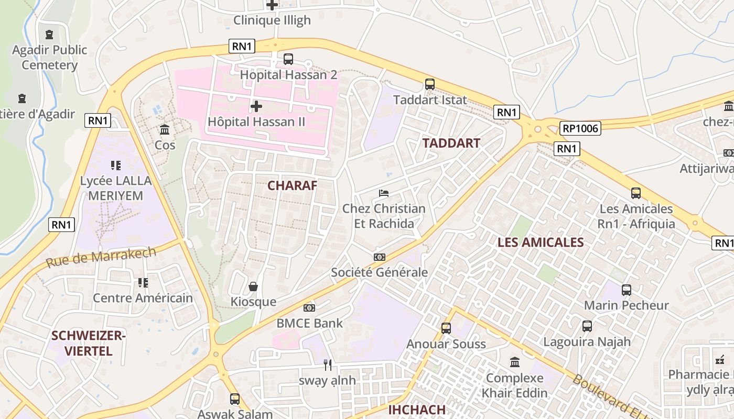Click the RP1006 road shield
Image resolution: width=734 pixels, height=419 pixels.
pos(580,128)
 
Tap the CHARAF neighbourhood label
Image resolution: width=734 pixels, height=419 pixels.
pos(292,185)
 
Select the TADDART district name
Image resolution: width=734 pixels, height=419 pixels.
pos(451,143)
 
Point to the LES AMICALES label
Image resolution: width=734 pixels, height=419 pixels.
pos(540,242)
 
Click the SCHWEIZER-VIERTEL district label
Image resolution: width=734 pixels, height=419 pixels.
pos(89,343)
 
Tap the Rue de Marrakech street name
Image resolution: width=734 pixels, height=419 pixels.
pos(101,257)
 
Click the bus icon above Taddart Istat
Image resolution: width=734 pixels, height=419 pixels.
pos(430,84)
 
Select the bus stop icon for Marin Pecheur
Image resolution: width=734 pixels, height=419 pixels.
pos(627,290)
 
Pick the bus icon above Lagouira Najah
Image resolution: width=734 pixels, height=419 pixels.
pos(587,326)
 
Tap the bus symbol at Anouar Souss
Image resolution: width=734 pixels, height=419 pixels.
pos(446,328)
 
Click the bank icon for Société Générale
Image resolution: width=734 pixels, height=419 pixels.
pos(380,257)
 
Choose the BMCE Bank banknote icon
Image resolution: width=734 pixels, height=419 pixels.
pos(309,308)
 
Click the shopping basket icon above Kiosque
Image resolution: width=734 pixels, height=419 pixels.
pos(253,286)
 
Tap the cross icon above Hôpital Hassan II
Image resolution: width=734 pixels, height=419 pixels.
pos(256,106)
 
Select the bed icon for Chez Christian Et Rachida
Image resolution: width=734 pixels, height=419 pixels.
pos(384,193)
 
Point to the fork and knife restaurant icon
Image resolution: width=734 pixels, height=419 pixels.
pos(328,365)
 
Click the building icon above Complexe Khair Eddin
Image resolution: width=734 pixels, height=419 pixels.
pos(515,362)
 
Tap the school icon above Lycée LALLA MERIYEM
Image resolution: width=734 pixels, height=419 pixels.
pos(116,166)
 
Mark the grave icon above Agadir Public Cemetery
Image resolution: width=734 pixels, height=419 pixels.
pos(49,35)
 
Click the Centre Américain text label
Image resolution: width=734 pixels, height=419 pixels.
pos(143,298)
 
